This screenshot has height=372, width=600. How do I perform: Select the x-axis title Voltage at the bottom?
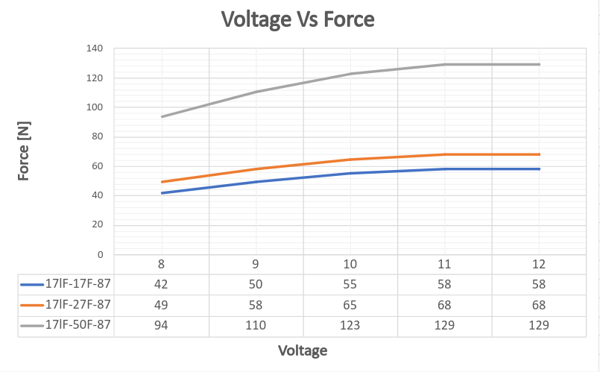303,350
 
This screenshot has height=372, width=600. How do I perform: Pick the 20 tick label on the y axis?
97,224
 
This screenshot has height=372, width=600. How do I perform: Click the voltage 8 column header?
162,264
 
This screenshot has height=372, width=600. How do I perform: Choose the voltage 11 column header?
445,264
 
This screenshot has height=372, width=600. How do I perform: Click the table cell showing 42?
162,284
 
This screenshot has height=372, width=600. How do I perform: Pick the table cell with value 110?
256,325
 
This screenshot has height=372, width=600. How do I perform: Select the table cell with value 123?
350,325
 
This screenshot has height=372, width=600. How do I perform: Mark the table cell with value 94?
162,325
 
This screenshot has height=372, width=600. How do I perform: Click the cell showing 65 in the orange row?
350,304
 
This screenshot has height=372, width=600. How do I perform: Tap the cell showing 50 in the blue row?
256,284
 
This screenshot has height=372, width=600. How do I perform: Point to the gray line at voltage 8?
162,116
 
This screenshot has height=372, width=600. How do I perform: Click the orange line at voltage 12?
539,154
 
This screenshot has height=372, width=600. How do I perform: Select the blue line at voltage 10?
350,174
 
